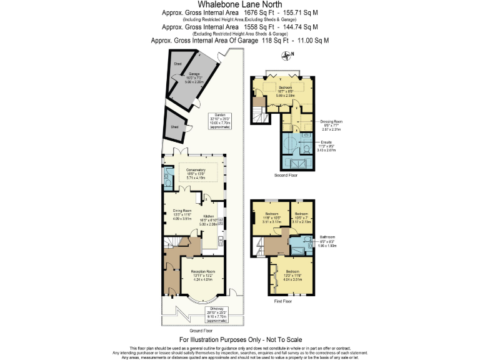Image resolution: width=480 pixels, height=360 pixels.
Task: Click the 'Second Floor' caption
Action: pos(286,176)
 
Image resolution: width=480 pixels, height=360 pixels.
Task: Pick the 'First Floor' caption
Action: pos(283,301)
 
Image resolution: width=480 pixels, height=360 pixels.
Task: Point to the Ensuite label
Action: pos(327,146)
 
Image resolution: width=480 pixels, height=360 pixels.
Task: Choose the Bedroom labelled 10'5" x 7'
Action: pos(302,217)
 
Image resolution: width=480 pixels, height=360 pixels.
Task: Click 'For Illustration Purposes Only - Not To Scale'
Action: pos(239,339)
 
